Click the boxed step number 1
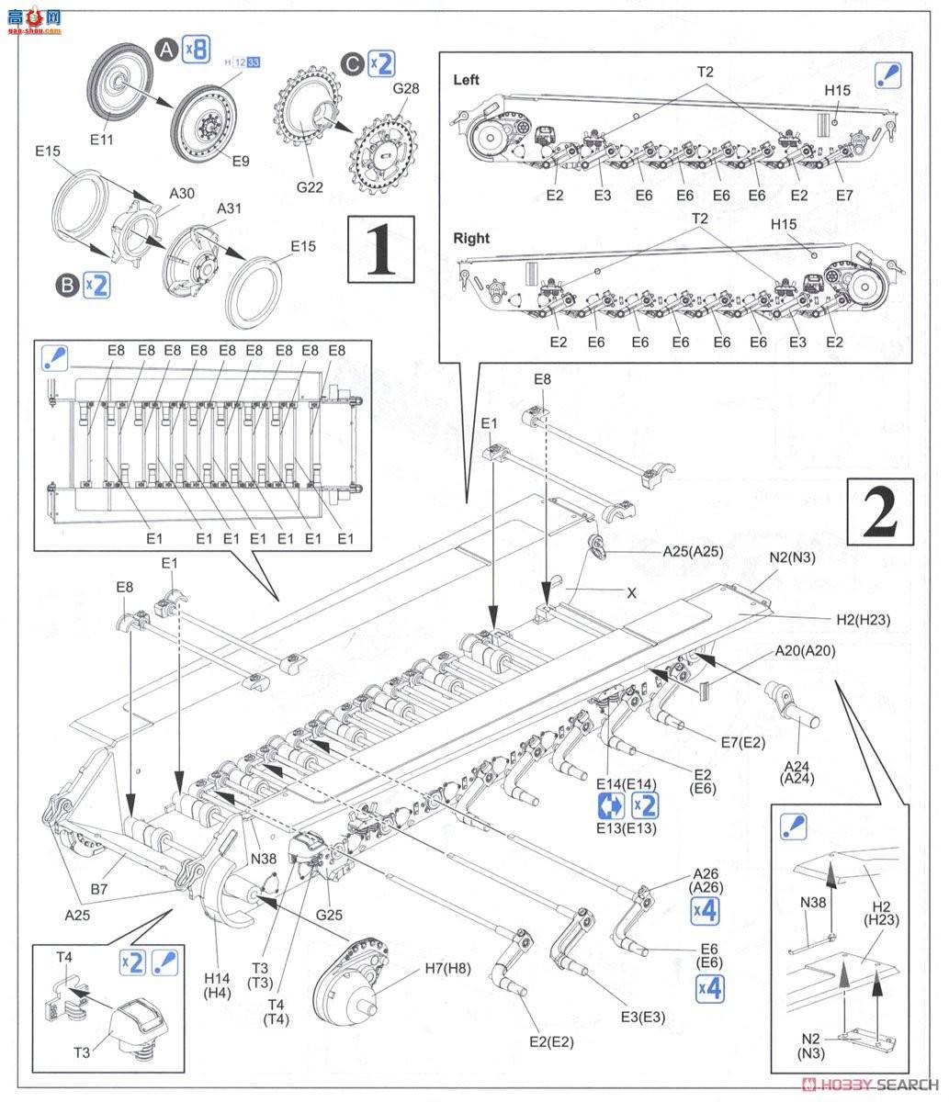tap(381, 249)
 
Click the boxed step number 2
tap(880, 512)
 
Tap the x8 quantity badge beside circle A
tap(196, 49)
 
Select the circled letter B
tap(68, 286)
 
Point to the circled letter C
tap(353, 64)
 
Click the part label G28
tap(406, 88)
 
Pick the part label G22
tap(310, 187)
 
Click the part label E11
tap(101, 140)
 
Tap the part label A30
tap(182, 194)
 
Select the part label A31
tap(230, 208)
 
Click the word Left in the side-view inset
tap(466, 80)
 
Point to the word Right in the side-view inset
tap(471, 239)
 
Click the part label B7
tap(99, 889)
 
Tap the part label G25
tap(329, 915)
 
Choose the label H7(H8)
tap(447, 969)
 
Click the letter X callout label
tap(632, 593)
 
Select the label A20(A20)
tap(806, 651)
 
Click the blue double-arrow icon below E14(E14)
tap(611, 806)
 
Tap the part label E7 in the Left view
tap(844, 196)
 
